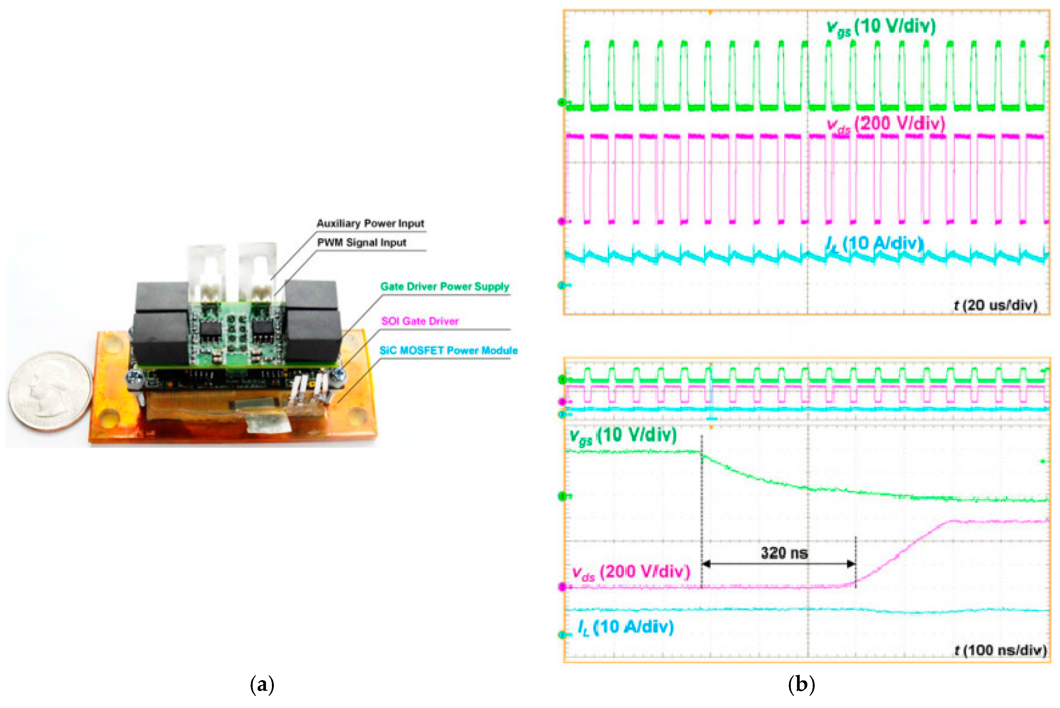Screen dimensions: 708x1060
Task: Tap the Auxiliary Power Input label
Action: (370, 223)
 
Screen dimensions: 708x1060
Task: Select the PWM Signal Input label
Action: (361, 242)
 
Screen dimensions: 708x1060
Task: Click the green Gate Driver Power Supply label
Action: (444, 286)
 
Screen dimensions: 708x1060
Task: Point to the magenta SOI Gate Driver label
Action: (419, 321)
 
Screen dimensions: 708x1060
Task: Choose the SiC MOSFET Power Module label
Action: (448, 350)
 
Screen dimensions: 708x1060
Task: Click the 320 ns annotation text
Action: (784, 553)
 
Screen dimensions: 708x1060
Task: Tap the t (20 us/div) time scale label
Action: (995, 305)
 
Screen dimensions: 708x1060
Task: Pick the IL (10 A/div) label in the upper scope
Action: (874, 244)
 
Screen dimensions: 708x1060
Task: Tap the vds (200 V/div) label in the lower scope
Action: (631, 572)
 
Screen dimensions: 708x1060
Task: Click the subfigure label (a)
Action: (262, 685)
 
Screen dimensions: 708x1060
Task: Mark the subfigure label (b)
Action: (801, 685)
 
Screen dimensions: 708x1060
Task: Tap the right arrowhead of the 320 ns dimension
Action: (851, 563)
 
